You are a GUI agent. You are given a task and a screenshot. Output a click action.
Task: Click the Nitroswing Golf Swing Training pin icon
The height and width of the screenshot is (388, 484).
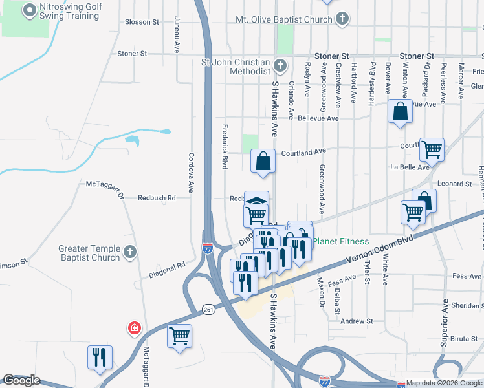[29, 10]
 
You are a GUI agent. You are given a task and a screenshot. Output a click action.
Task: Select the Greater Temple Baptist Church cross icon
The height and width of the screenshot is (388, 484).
[130, 253]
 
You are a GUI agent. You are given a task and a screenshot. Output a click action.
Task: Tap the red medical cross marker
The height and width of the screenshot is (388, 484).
[134, 329]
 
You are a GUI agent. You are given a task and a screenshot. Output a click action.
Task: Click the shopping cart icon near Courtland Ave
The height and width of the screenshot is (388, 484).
[432, 149]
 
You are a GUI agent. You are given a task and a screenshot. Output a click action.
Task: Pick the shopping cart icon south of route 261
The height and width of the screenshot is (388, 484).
[179, 336]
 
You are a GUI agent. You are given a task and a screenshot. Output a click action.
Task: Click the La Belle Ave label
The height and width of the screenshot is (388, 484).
[410, 167]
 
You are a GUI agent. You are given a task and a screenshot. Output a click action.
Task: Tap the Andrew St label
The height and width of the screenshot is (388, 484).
[357, 321]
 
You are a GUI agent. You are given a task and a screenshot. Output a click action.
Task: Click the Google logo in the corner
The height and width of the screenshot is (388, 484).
[21, 380]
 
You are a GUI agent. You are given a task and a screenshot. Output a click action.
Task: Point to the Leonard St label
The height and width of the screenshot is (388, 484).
[454, 184]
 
